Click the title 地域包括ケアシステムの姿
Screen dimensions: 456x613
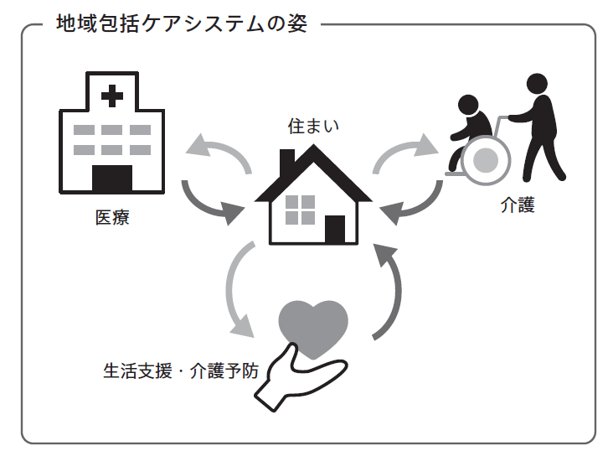click(182, 23)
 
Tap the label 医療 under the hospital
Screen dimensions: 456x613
click(112, 220)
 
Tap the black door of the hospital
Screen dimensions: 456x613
click(112, 179)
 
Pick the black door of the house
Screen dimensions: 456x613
click(335, 229)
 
